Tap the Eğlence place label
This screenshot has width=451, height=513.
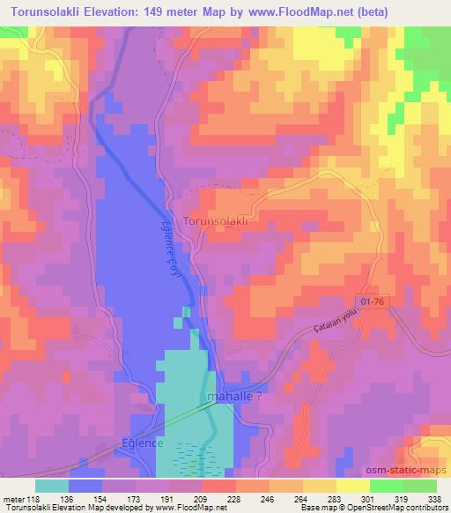[x=142, y=442]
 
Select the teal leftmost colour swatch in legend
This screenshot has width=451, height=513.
[x=52, y=486]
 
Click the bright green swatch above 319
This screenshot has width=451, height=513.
[x=386, y=486]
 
